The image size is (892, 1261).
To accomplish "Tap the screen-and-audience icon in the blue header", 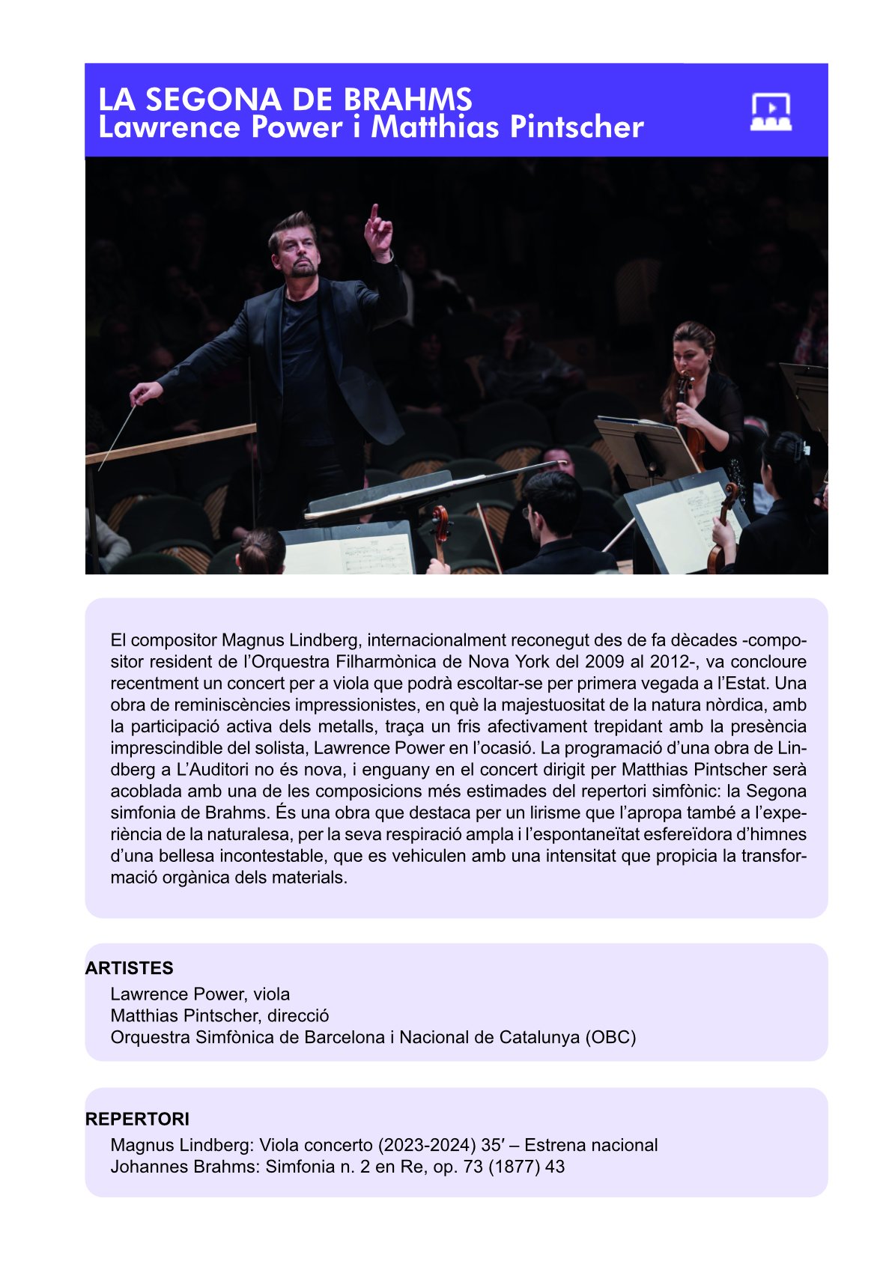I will [x=771, y=112].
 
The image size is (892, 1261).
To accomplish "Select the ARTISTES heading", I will [x=129, y=968].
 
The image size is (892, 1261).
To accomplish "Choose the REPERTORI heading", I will [x=137, y=1119].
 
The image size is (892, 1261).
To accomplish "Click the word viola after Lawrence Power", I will [x=271, y=994].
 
